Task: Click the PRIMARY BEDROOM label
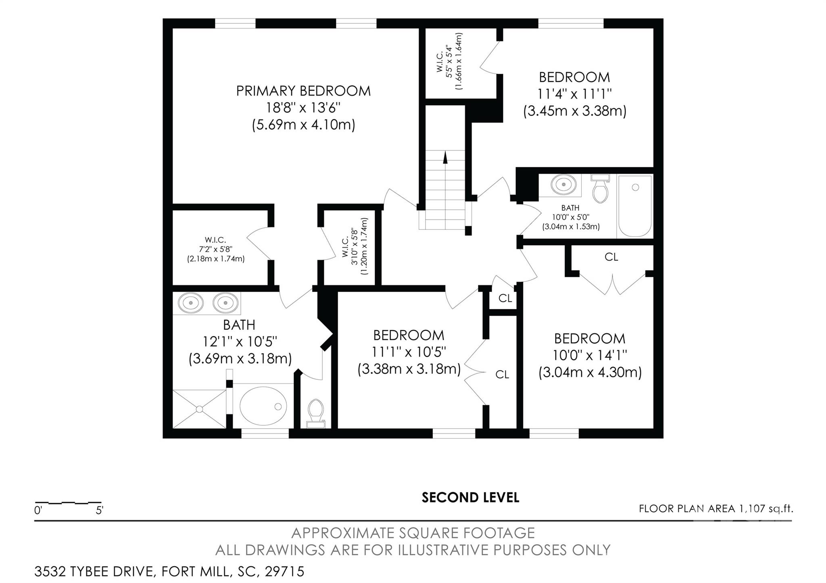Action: click(x=303, y=91)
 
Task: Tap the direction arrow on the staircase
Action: click(x=445, y=157)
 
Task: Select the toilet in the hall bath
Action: click(x=600, y=188)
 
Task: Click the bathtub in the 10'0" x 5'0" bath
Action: click(x=634, y=206)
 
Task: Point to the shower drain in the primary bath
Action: click(x=199, y=409)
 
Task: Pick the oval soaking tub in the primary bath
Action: click(x=263, y=406)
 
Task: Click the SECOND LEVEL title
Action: click(x=470, y=498)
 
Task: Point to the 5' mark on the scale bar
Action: click(x=100, y=510)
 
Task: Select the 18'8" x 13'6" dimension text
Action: click(x=303, y=108)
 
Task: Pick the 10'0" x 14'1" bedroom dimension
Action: click(x=590, y=355)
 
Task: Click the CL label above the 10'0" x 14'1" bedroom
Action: click(x=611, y=257)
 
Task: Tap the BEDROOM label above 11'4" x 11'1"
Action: click(x=574, y=77)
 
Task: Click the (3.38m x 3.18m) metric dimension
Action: click(x=409, y=369)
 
